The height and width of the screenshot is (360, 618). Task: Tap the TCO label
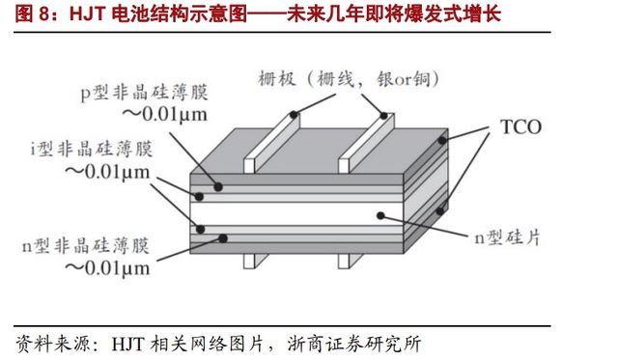point(520,126)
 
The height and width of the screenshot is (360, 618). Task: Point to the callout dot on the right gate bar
point(385,116)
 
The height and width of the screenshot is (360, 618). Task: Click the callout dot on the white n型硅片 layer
point(381,213)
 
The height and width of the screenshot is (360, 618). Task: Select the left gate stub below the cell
point(253,260)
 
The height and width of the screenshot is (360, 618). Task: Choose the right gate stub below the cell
point(344,260)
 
